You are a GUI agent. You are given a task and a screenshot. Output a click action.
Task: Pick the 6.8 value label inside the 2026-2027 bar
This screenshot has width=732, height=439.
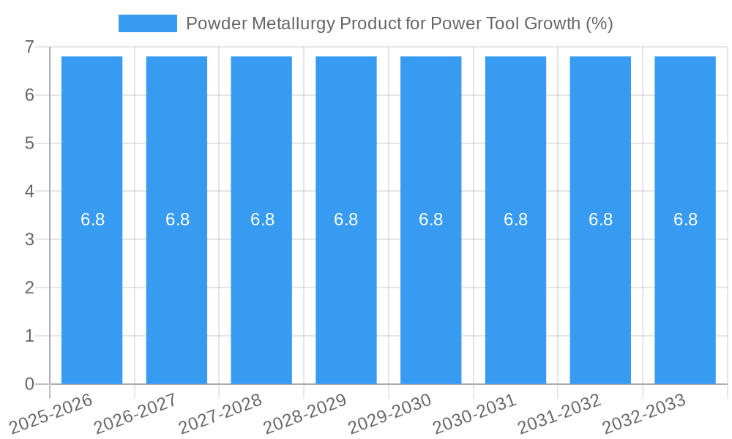pyautogui.click(x=177, y=219)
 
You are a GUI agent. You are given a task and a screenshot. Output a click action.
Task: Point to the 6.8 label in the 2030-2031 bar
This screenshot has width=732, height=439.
pyautogui.click(x=515, y=219)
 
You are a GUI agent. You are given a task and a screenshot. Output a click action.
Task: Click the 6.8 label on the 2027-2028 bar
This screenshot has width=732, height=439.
pyautogui.click(x=262, y=219)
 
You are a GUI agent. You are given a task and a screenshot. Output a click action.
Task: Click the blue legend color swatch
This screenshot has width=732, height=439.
pyautogui.click(x=147, y=23)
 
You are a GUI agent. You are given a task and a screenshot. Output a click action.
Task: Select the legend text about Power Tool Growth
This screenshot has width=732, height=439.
pyautogui.click(x=399, y=23)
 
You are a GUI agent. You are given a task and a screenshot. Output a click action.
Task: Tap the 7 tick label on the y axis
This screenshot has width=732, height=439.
pyautogui.click(x=29, y=47)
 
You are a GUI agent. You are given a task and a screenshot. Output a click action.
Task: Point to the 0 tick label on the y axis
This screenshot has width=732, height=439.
pyautogui.click(x=29, y=384)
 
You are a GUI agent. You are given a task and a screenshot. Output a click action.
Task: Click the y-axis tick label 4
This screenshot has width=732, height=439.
pyautogui.click(x=29, y=192)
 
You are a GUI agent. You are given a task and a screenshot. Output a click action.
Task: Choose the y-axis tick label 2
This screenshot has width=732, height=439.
pyautogui.click(x=29, y=288)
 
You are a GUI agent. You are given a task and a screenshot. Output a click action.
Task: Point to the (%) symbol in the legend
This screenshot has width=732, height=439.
pyautogui.click(x=599, y=23)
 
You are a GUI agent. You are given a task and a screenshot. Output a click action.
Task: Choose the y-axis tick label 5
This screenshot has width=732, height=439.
pyautogui.click(x=29, y=143)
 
